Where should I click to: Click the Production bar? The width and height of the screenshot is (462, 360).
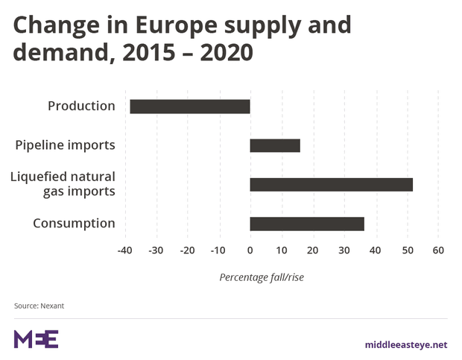[x=190, y=107]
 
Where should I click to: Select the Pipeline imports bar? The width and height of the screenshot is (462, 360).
[x=275, y=145]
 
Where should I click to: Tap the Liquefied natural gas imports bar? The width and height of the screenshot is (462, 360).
[x=332, y=185]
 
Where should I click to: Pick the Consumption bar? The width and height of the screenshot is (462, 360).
[x=307, y=224]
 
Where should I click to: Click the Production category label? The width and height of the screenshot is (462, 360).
[x=81, y=106]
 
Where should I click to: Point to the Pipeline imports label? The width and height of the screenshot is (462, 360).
[x=65, y=145]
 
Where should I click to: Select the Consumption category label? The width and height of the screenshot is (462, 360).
[x=74, y=224]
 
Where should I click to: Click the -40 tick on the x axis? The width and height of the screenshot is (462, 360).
[x=124, y=250]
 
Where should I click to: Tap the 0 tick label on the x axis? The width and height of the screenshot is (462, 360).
[x=250, y=250]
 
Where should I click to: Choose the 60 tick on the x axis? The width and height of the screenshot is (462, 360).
[x=438, y=250]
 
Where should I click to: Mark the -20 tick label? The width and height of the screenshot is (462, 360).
[x=187, y=250]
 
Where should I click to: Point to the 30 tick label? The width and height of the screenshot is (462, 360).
[x=344, y=250]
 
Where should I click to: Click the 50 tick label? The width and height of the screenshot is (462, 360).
[x=408, y=250]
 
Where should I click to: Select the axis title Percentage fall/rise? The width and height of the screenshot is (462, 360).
[x=262, y=277]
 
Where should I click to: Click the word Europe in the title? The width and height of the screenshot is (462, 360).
[x=176, y=26]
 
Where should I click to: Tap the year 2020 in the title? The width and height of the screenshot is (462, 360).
[x=227, y=53]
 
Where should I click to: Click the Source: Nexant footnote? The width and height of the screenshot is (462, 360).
[x=39, y=306]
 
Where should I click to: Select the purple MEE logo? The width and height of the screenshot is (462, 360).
[x=36, y=339]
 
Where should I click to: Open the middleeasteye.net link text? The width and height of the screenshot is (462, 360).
[x=406, y=344]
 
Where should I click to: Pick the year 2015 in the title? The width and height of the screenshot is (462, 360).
[x=149, y=53]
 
